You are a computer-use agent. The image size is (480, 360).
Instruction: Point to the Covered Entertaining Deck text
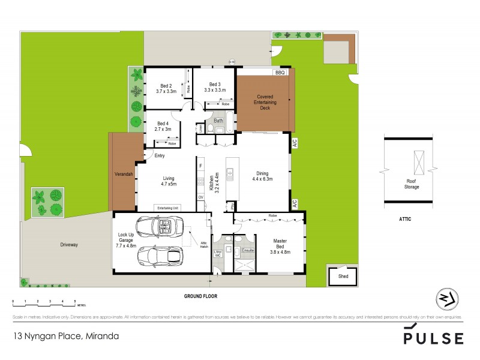[265, 103]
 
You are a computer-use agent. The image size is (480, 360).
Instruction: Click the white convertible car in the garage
[158, 227]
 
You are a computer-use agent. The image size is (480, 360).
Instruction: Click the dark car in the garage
[160, 256]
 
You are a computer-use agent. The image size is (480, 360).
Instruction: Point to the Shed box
[343, 277]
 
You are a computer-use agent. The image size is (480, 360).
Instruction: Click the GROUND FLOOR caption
[200, 296]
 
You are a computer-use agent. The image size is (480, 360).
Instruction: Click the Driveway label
[69, 245]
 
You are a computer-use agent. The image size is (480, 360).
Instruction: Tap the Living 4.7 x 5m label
[168, 181]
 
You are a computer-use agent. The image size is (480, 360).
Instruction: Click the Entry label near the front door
[159, 156]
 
